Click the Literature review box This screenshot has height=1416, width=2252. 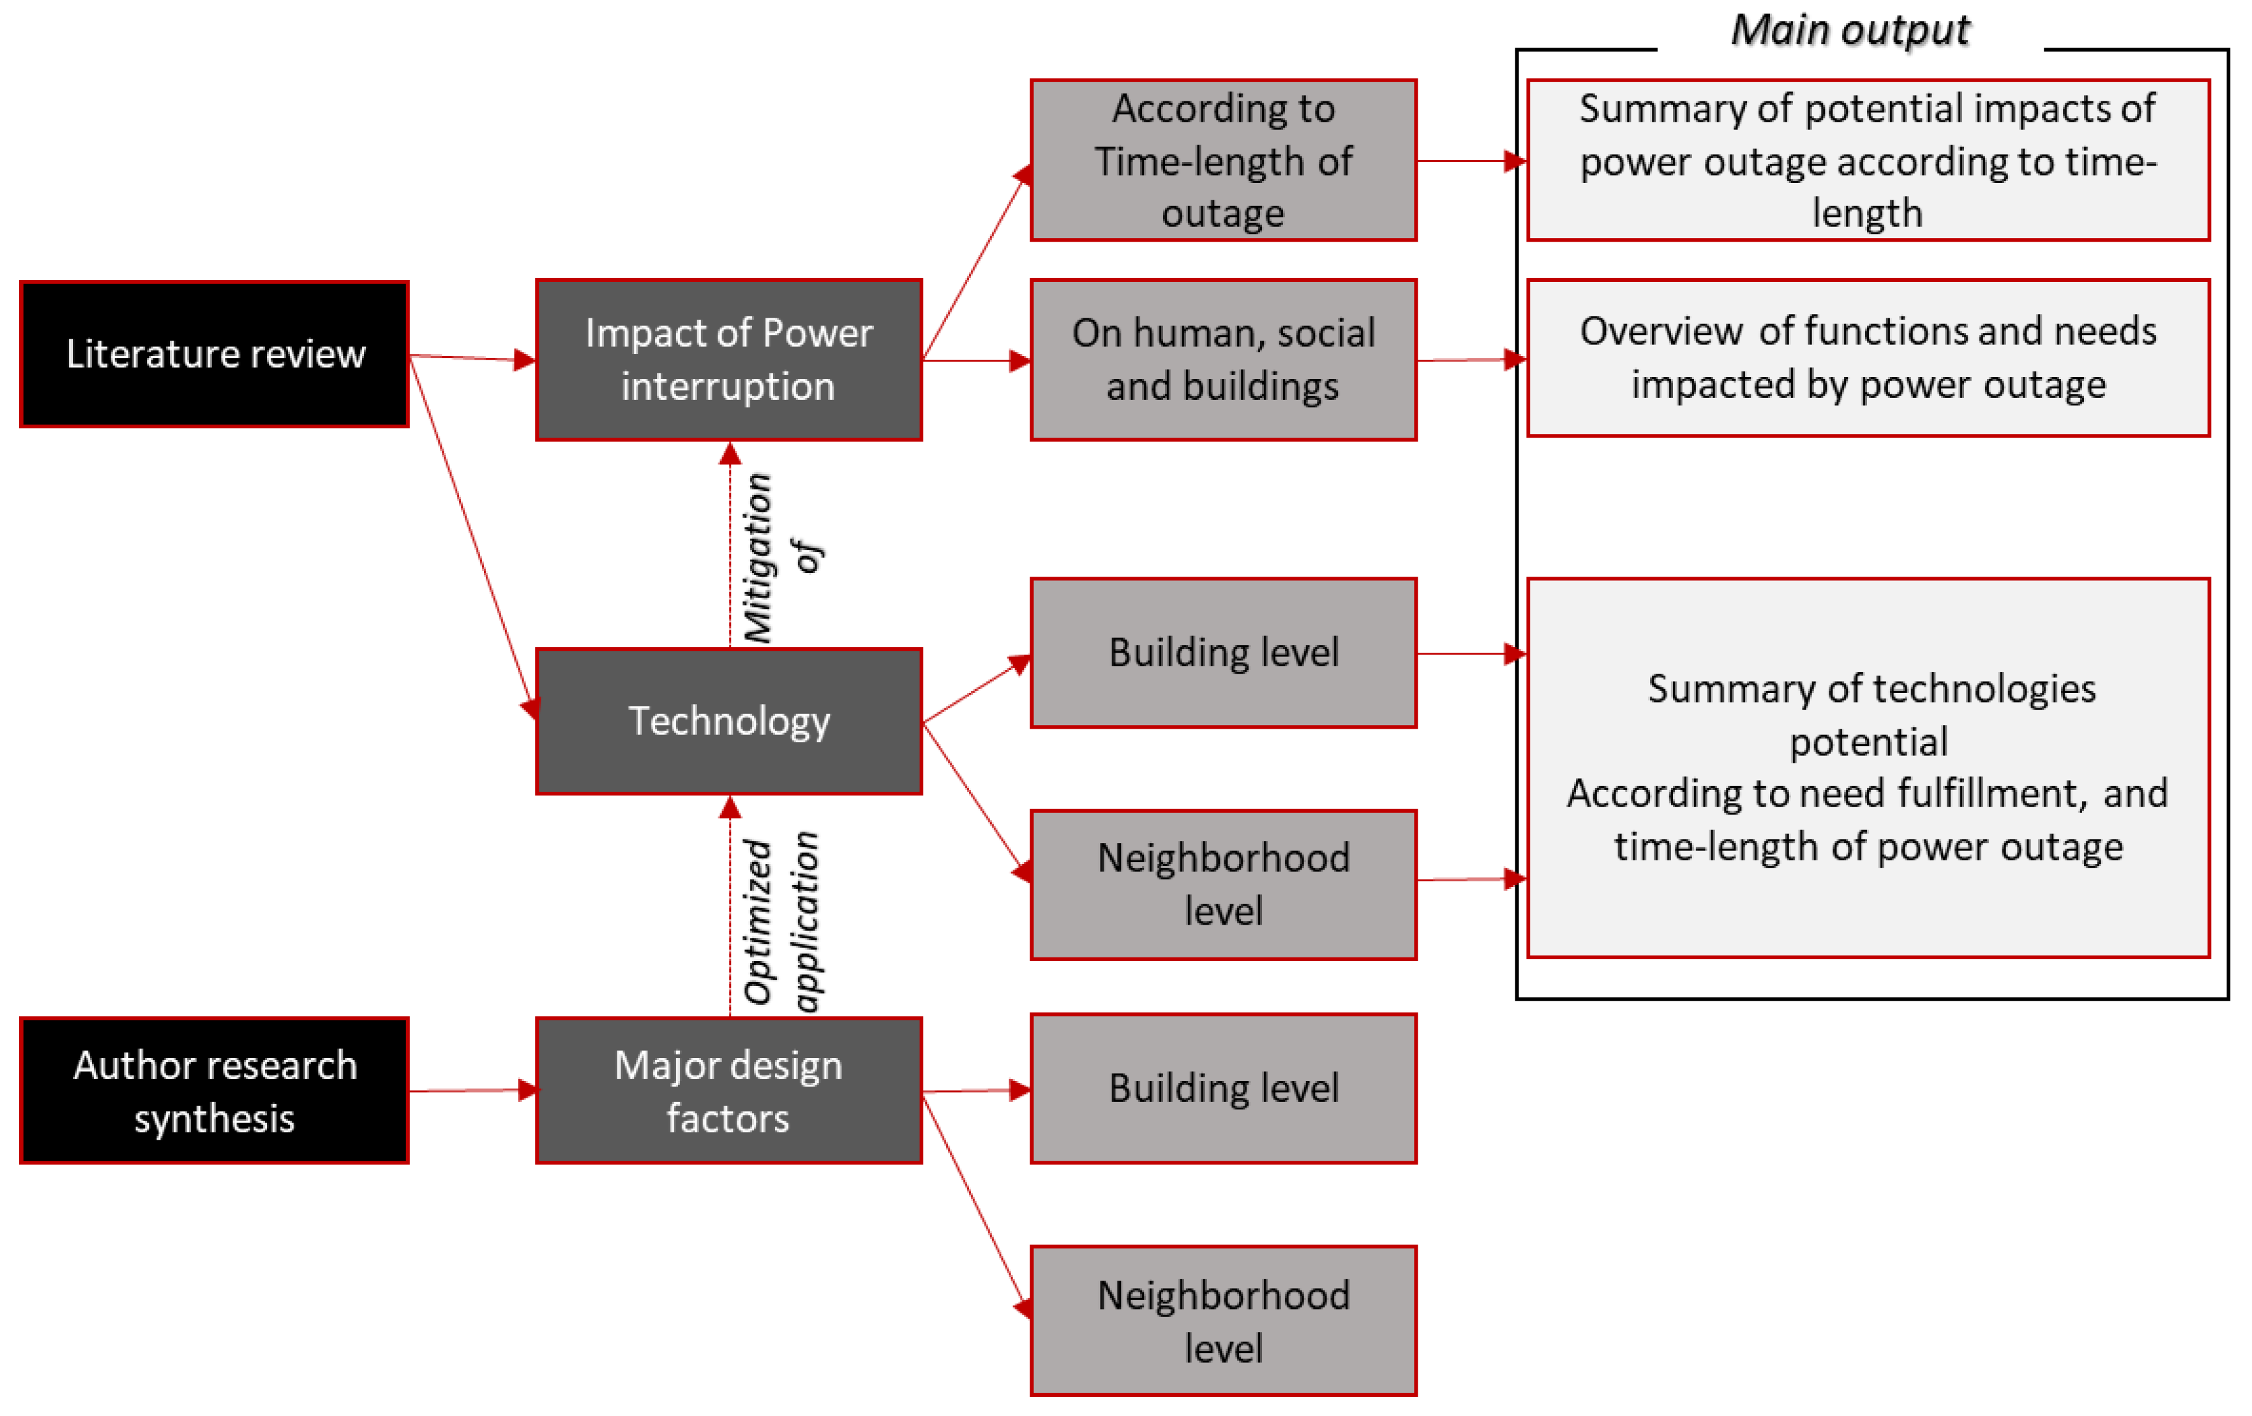(214, 354)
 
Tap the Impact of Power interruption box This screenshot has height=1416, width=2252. (729, 359)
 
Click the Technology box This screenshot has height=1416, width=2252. (729, 721)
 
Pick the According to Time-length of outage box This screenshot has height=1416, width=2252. (1223, 160)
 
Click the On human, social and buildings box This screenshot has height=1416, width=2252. (1223, 359)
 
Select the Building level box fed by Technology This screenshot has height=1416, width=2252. (1223, 653)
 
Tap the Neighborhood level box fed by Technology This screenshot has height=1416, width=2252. (1223, 884)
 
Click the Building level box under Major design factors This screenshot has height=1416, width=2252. (1223, 1088)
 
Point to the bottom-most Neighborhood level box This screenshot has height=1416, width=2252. (1223, 1321)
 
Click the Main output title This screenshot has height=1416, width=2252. (1850, 30)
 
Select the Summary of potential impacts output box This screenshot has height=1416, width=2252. (1868, 160)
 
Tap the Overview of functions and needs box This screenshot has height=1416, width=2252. (1868, 358)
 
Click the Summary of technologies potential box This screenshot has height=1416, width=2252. (1868, 767)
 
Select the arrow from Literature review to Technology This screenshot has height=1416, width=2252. (470, 537)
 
